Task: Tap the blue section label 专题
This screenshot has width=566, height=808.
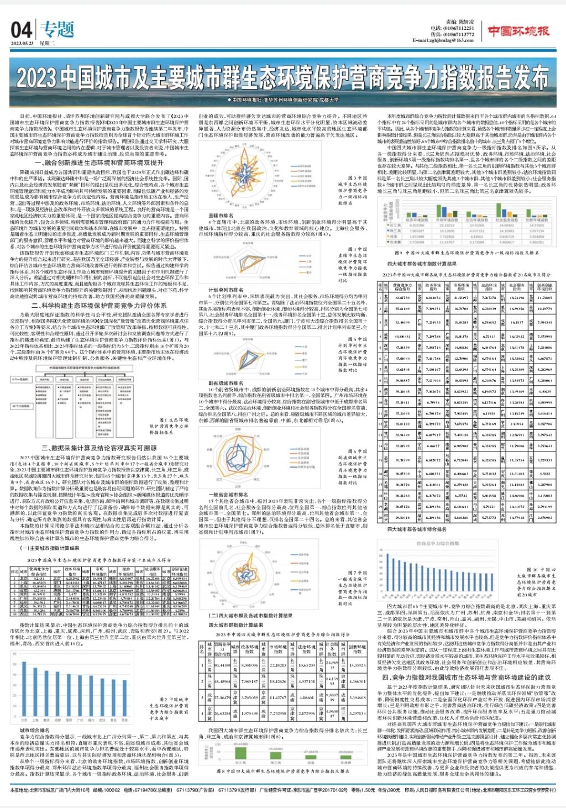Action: [x=57, y=29]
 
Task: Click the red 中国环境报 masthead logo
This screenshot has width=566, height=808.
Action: [x=518, y=31]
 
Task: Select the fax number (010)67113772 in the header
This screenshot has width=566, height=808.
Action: [x=457, y=34]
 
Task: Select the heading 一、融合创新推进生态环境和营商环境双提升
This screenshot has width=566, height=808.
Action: [x=99, y=163]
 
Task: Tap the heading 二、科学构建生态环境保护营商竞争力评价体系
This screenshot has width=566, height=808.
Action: [x=99, y=305]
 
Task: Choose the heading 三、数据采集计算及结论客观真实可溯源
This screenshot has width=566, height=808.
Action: [x=99, y=448]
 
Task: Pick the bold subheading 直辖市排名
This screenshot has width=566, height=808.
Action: [x=221, y=216]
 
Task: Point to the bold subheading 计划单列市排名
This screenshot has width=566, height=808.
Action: [x=226, y=290]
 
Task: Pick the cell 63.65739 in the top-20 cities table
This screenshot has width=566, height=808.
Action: [x=402, y=298]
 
